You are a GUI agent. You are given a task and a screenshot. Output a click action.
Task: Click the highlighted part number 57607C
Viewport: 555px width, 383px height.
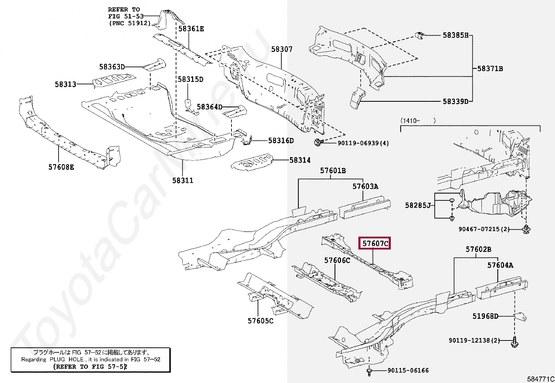pos(374,243)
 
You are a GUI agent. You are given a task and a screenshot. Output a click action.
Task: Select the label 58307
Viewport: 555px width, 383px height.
pos(282,49)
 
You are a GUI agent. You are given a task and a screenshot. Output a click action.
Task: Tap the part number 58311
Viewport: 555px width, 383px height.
pos(182,181)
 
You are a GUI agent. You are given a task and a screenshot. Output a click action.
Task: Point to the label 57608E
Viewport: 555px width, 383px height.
pos(61,167)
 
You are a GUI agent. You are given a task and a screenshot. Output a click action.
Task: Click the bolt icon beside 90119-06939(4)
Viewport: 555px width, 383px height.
pos(318,143)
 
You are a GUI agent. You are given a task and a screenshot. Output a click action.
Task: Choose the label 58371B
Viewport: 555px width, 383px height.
pos(490,69)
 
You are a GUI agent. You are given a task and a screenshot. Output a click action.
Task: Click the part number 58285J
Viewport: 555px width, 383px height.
pos(418,205)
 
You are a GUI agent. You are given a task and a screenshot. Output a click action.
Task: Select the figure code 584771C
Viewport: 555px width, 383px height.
pos(540,379)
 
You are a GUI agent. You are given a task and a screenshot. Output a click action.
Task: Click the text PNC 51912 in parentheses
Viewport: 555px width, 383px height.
pos(130,23)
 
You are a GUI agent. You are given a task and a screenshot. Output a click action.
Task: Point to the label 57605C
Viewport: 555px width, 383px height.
pos(260,321)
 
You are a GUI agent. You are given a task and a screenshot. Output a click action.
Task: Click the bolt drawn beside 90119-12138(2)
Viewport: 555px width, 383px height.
pos(515,341)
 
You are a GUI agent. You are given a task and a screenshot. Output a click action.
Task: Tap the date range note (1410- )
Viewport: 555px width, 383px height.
pos(418,121)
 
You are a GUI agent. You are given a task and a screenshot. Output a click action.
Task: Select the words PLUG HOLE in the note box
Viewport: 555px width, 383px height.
pos(66,359)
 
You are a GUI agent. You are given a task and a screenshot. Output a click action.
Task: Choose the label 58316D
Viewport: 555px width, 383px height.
pos(281,141)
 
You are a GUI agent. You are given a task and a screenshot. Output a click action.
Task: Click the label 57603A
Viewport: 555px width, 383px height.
pos(365,186)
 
